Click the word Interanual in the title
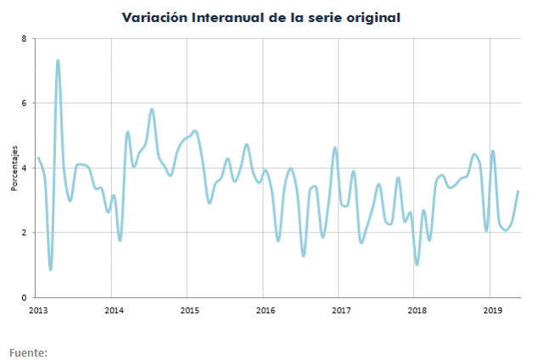click(228, 17)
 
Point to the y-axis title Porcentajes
click(14, 168)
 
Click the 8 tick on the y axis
click(24, 39)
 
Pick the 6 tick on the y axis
click(24, 104)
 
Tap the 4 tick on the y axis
click(24, 168)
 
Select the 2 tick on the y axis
click(24, 233)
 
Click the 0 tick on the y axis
click(24, 297)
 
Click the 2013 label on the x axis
click(38, 310)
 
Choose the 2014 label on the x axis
click(114, 310)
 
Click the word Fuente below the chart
click(27, 352)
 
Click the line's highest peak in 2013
click(58, 60)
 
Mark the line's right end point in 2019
click(518, 192)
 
